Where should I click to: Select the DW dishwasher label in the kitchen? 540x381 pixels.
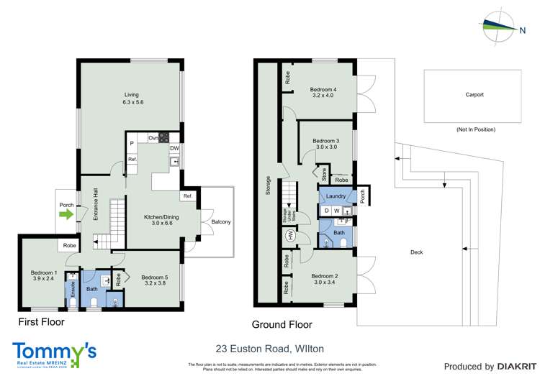[174, 149]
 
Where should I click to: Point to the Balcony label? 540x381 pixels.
[221, 222]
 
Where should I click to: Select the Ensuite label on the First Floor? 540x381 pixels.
[72, 289]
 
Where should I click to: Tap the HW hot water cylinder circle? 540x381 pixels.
[290, 235]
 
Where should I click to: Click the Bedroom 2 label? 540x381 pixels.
[324, 279]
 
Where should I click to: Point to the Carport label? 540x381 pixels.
[474, 94]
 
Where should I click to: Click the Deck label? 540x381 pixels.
[416, 252]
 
